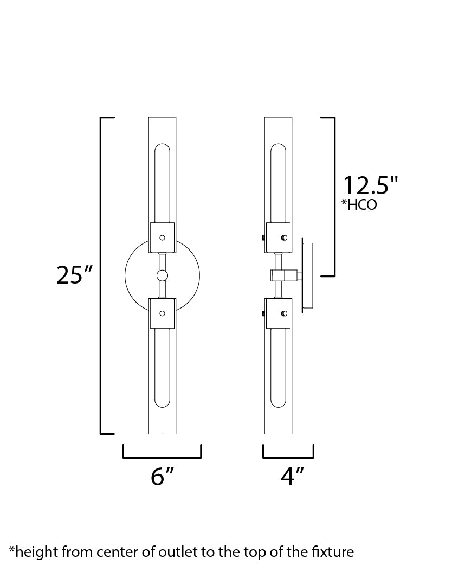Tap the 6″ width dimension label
(x=162, y=476)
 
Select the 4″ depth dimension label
(x=292, y=476)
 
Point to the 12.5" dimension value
(x=370, y=185)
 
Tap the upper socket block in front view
(x=162, y=237)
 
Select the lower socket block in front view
(x=162, y=313)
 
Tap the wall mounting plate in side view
(x=307, y=275)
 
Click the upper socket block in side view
(x=278, y=237)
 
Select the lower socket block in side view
(x=278, y=313)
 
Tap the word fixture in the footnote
(x=333, y=552)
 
